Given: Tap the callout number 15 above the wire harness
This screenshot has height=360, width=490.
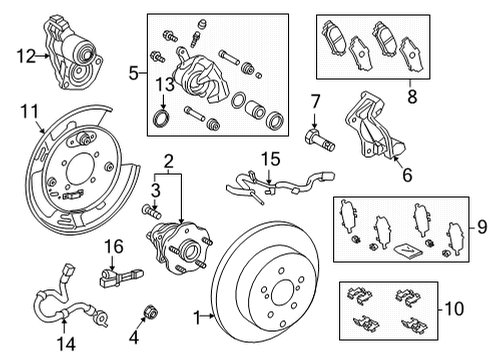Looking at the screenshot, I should (267, 159).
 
